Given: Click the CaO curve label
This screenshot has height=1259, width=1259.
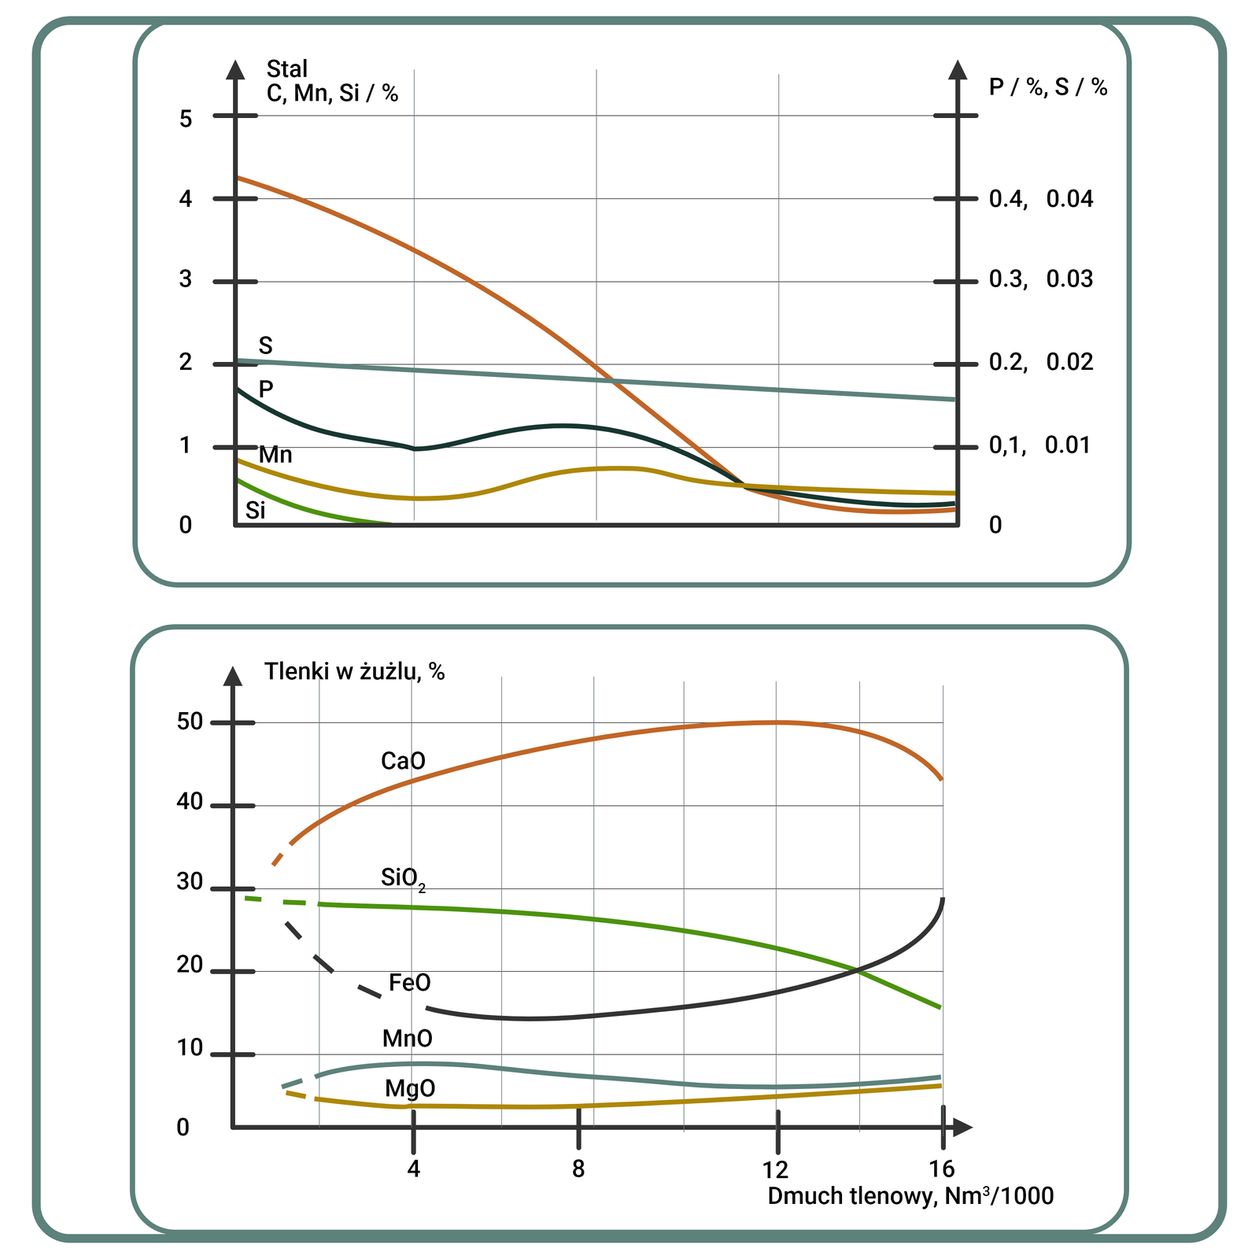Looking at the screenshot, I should (403, 761).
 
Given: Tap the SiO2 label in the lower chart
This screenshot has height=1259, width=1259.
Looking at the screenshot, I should (402, 878).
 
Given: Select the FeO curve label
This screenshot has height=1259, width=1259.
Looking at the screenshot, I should (410, 983).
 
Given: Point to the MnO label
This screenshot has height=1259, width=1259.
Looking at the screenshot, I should (408, 1039).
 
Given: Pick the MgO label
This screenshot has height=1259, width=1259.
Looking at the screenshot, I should (410, 1089).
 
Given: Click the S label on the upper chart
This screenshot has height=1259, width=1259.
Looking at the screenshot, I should (266, 345).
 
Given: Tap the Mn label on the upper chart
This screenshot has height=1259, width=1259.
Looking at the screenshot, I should (275, 455).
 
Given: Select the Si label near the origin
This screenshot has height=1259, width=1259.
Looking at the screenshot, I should (256, 511).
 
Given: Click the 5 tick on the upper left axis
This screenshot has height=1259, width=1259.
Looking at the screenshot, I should (186, 119).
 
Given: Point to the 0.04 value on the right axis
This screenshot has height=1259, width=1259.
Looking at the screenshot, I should (1069, 199).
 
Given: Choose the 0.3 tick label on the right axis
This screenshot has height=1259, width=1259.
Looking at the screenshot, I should (1008, 279).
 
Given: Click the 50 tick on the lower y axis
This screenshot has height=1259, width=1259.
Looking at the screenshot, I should (190, 722).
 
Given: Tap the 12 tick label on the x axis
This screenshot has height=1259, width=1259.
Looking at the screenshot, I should (776, 1169).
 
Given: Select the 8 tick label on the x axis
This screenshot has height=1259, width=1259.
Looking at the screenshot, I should (578, 1169).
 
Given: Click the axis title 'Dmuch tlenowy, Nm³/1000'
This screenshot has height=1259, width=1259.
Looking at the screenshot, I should (910, 1196).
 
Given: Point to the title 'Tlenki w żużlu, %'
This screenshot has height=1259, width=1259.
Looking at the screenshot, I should (355, 671).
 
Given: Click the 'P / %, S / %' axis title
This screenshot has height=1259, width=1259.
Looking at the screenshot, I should (1048, 87).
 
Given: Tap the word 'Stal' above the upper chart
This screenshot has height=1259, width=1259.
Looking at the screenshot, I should (287, 69).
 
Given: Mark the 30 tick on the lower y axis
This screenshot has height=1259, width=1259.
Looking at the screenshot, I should (190, 882).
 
